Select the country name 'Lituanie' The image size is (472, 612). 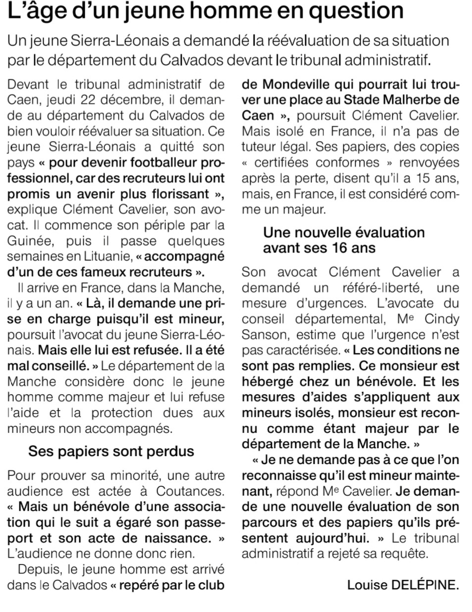(105, 256)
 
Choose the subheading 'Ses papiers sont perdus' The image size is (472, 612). (111, 451)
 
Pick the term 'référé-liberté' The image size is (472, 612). (378, 288)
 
